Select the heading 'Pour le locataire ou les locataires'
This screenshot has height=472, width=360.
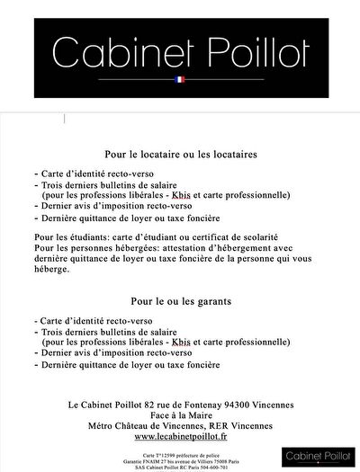[x=181, y=155]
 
